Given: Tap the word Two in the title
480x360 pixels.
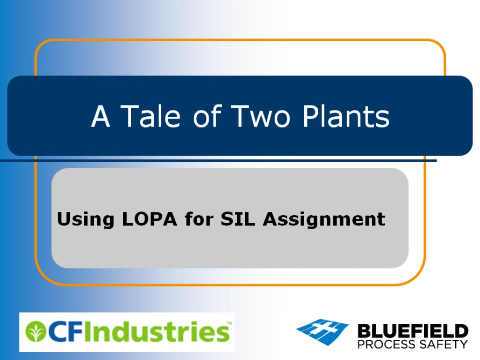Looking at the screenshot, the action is (x=260, y=116).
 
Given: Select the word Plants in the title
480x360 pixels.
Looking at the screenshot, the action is (x=346, y=116).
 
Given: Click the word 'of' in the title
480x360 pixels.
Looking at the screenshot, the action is (x=207, y=116).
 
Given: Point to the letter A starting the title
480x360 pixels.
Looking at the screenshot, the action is (x=100, y=116).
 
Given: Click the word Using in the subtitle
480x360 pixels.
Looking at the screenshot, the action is (x=86, y=219).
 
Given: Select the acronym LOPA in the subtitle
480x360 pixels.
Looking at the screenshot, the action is (x=150, y=219).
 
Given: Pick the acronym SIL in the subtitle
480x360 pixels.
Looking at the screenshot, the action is (x=238, y=219).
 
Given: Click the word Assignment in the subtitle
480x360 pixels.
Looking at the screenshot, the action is (x=324, y=219).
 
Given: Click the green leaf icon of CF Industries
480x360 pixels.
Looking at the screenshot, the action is (x=35, y=331).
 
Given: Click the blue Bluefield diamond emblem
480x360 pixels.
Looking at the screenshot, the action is (x=322, y=331).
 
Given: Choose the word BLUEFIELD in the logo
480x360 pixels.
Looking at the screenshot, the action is (x=412, y=331).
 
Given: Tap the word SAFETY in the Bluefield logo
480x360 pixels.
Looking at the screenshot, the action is (x=443, y=345).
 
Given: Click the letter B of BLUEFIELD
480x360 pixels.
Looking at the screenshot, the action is (x=364, y=331).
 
